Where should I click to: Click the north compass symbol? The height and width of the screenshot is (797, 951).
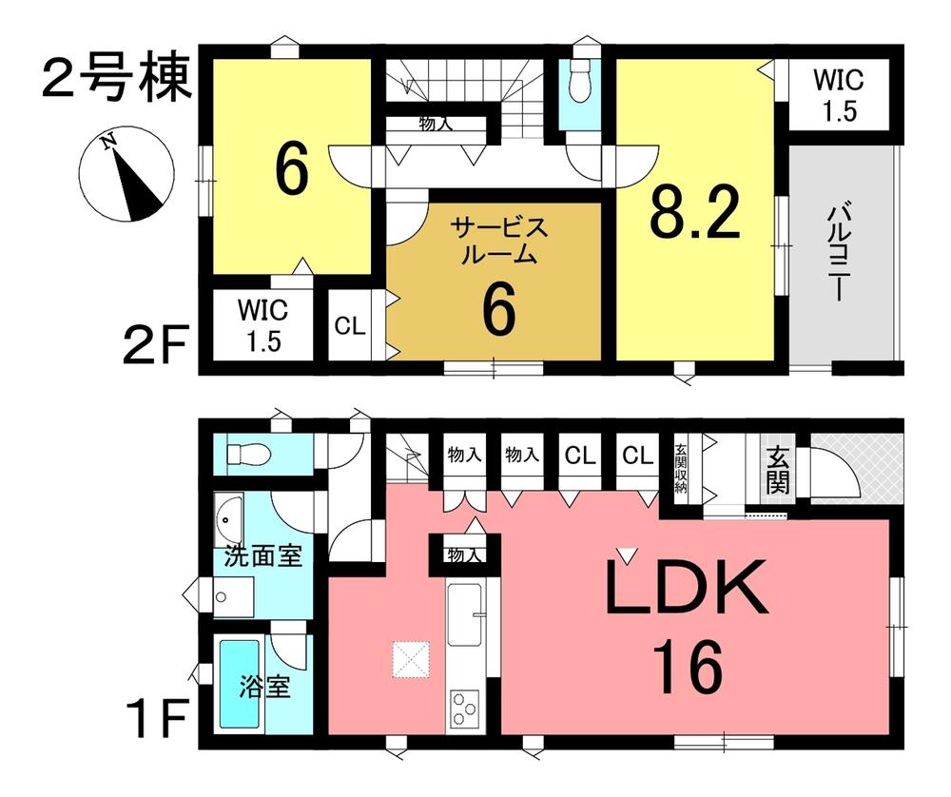tap(126, 175)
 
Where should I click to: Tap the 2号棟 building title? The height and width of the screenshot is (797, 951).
tap(117, 79)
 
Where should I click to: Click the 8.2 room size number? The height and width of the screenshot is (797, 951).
tap(696, 213)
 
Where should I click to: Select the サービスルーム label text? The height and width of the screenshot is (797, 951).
tap(499, 242)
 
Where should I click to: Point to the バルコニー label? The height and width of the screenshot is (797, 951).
tap(838, 254)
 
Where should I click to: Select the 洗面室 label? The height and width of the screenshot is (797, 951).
tap(263, 555)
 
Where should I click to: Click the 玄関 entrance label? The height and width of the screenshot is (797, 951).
tap(778, 470)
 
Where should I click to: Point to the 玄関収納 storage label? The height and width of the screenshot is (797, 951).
tap(681, 469)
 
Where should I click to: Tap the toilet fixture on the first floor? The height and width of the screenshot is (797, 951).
tap(247, 453)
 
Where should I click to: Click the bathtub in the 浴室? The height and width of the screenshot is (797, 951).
tap(239, 683)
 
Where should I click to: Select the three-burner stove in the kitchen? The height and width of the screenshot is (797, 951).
tap(465, 708)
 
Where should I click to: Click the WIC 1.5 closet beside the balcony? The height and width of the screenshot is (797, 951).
tap(839, 95)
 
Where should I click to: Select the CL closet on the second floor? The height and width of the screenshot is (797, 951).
tap(350, 326)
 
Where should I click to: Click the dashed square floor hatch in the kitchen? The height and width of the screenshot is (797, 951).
tap(411, 659)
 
